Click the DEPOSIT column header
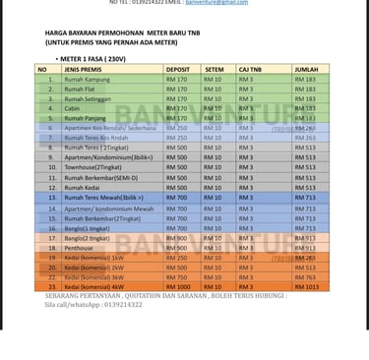177,70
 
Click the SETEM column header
214,70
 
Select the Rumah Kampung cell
86,79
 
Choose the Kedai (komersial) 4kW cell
93,287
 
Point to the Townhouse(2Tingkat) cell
93,168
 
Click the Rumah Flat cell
80,89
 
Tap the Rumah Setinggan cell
88,98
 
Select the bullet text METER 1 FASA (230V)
94,59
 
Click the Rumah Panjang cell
85,118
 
